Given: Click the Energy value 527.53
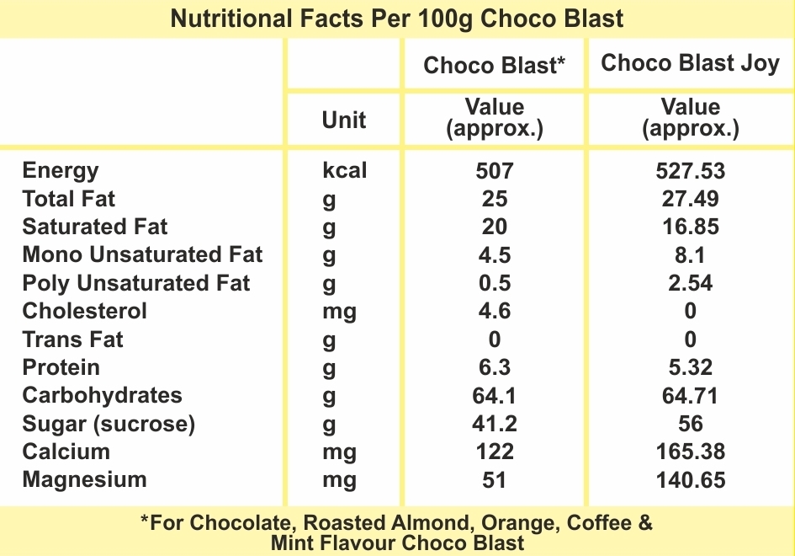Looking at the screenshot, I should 690,171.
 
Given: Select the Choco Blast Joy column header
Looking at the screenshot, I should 690,63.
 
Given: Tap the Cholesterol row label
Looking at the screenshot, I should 84,311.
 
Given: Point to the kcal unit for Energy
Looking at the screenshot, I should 344,171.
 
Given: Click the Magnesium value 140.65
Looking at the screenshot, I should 690,480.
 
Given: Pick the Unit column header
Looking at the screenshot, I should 344,120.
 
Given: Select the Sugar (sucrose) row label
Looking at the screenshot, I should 109,424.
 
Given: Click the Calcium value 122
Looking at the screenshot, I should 494,452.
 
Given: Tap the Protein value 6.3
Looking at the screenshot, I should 494,367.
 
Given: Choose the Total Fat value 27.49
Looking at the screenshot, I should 690,199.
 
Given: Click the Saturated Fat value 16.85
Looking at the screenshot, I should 690,227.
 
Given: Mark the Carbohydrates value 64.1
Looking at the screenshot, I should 494,396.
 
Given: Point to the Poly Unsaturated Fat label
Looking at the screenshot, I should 136,283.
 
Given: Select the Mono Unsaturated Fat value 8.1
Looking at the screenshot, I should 690,255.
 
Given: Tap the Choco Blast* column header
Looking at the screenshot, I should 494,65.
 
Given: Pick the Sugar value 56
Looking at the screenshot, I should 690,424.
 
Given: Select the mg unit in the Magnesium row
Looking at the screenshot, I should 339,480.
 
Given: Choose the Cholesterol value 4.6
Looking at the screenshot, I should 494,311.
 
